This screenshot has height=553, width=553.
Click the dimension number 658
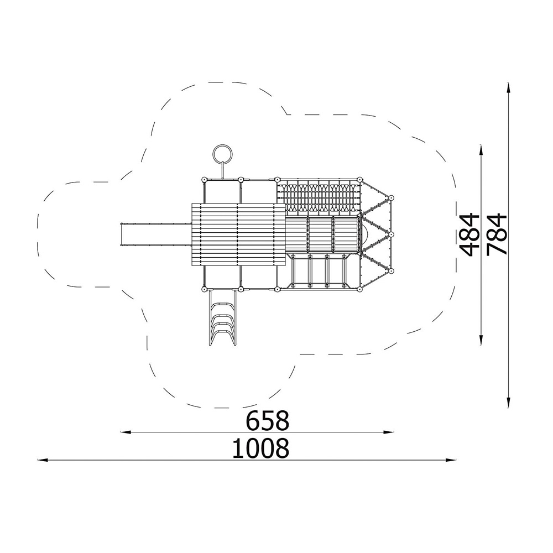(267, 420)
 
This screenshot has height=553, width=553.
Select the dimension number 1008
(260, 448)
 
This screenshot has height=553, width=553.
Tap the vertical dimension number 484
(470, 234)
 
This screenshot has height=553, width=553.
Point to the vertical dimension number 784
(497, 234)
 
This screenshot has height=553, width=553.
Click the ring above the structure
(213, 153)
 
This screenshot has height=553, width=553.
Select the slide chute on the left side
(156, 234)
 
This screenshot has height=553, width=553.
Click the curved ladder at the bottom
(222, 317)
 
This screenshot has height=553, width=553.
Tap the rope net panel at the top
(319, 197)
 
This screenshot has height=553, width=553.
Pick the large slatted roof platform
(238, 234)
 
